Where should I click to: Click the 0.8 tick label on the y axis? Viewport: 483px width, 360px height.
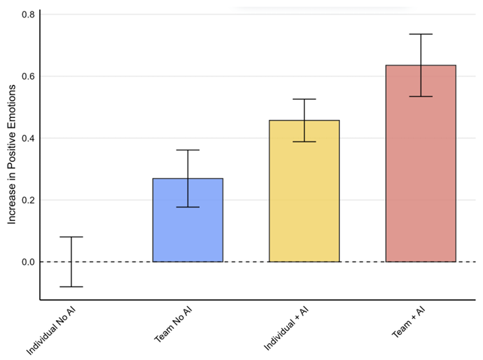28,14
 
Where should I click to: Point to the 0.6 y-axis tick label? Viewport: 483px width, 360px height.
28,76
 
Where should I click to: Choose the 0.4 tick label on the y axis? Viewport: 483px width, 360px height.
28,138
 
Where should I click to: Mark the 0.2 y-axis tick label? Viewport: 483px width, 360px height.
28,200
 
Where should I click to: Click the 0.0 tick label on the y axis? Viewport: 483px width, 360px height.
28,262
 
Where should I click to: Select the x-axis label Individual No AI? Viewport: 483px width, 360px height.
55,330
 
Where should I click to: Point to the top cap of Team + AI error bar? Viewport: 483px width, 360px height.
420,34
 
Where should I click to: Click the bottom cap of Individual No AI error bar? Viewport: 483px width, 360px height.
71,287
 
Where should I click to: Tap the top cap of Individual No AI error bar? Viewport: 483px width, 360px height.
71,237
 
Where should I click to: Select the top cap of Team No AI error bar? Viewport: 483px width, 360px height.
188,150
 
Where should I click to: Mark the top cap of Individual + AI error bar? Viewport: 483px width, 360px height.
304,99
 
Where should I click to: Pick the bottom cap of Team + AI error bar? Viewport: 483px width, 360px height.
420,96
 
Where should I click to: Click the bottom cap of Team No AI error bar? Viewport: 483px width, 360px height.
188,207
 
